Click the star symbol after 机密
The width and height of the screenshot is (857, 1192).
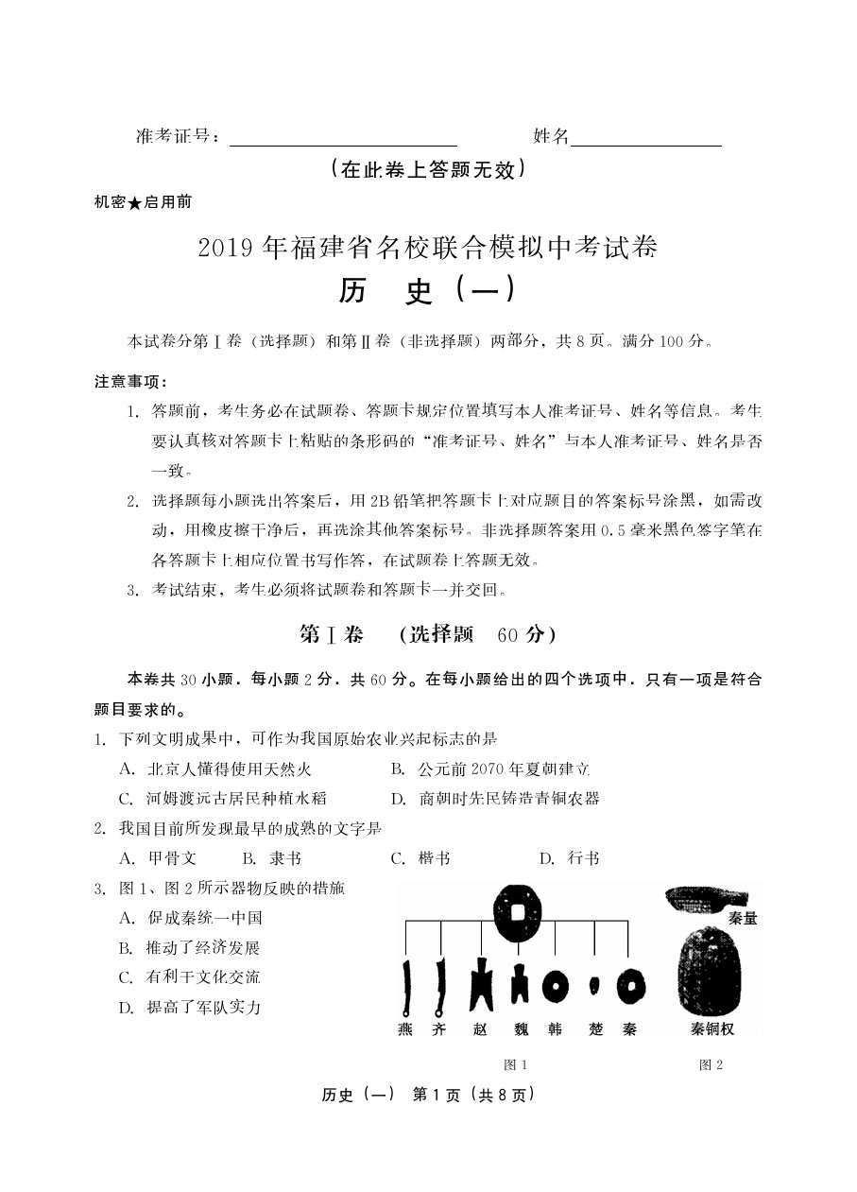tap(134, 202)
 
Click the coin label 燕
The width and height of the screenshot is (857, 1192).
tap(405, 1029)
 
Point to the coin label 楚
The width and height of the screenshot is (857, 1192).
tap(592, 1029)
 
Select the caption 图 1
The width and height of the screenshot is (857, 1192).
tap(516, 1064)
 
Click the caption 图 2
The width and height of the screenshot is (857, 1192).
tap(711, 1064)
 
